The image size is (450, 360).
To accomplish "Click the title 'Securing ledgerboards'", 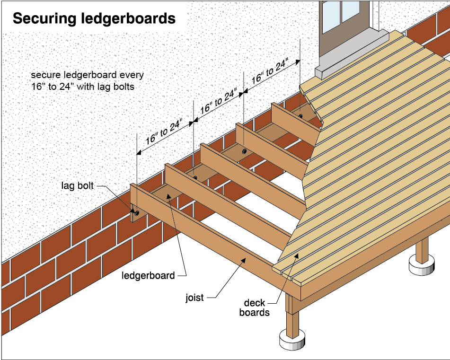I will [x=94, y=18].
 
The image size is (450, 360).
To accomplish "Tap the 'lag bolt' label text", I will [x=78, y=185].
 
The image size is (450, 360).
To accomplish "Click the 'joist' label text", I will [x=194, y=298].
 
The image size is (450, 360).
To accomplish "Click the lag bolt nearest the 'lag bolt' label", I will [x=136, y=213].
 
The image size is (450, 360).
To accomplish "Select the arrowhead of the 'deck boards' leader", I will [x=297, y=254].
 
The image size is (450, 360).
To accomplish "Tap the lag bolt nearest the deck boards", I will [x=300, y=115].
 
